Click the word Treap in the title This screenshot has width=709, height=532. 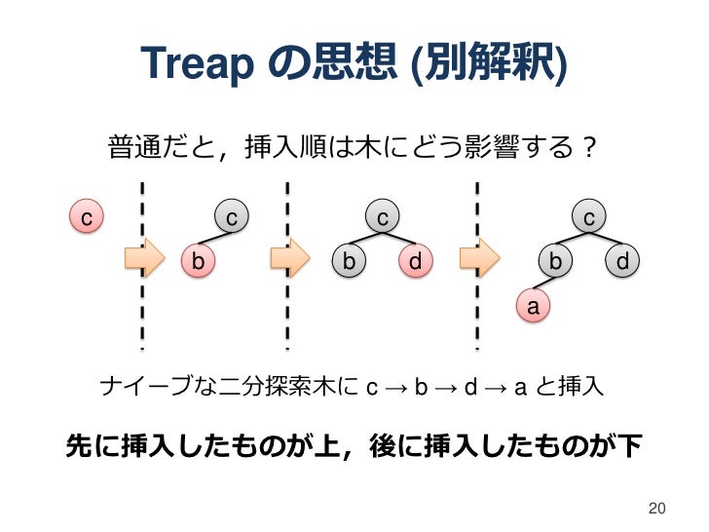tap(196, 63)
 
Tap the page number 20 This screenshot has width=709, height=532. tap(656, 508)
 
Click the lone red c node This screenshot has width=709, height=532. tap(87, 217)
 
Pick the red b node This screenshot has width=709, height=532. tap(198, 260)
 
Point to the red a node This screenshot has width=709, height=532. tap(532, 307)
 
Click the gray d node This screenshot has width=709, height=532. tap(621, 260)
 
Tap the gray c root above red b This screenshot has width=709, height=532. tap(231, 216)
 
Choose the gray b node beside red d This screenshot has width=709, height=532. tap(348, 260)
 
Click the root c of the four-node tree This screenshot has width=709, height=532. tap(589, 216)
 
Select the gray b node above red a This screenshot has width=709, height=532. tap(555, 260)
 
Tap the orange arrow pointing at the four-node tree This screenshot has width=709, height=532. tap(479, 259)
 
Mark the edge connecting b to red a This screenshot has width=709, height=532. tap(543, 284)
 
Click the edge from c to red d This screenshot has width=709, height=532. tap(400, 238)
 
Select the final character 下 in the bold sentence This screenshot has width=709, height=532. tap(630, 445)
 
